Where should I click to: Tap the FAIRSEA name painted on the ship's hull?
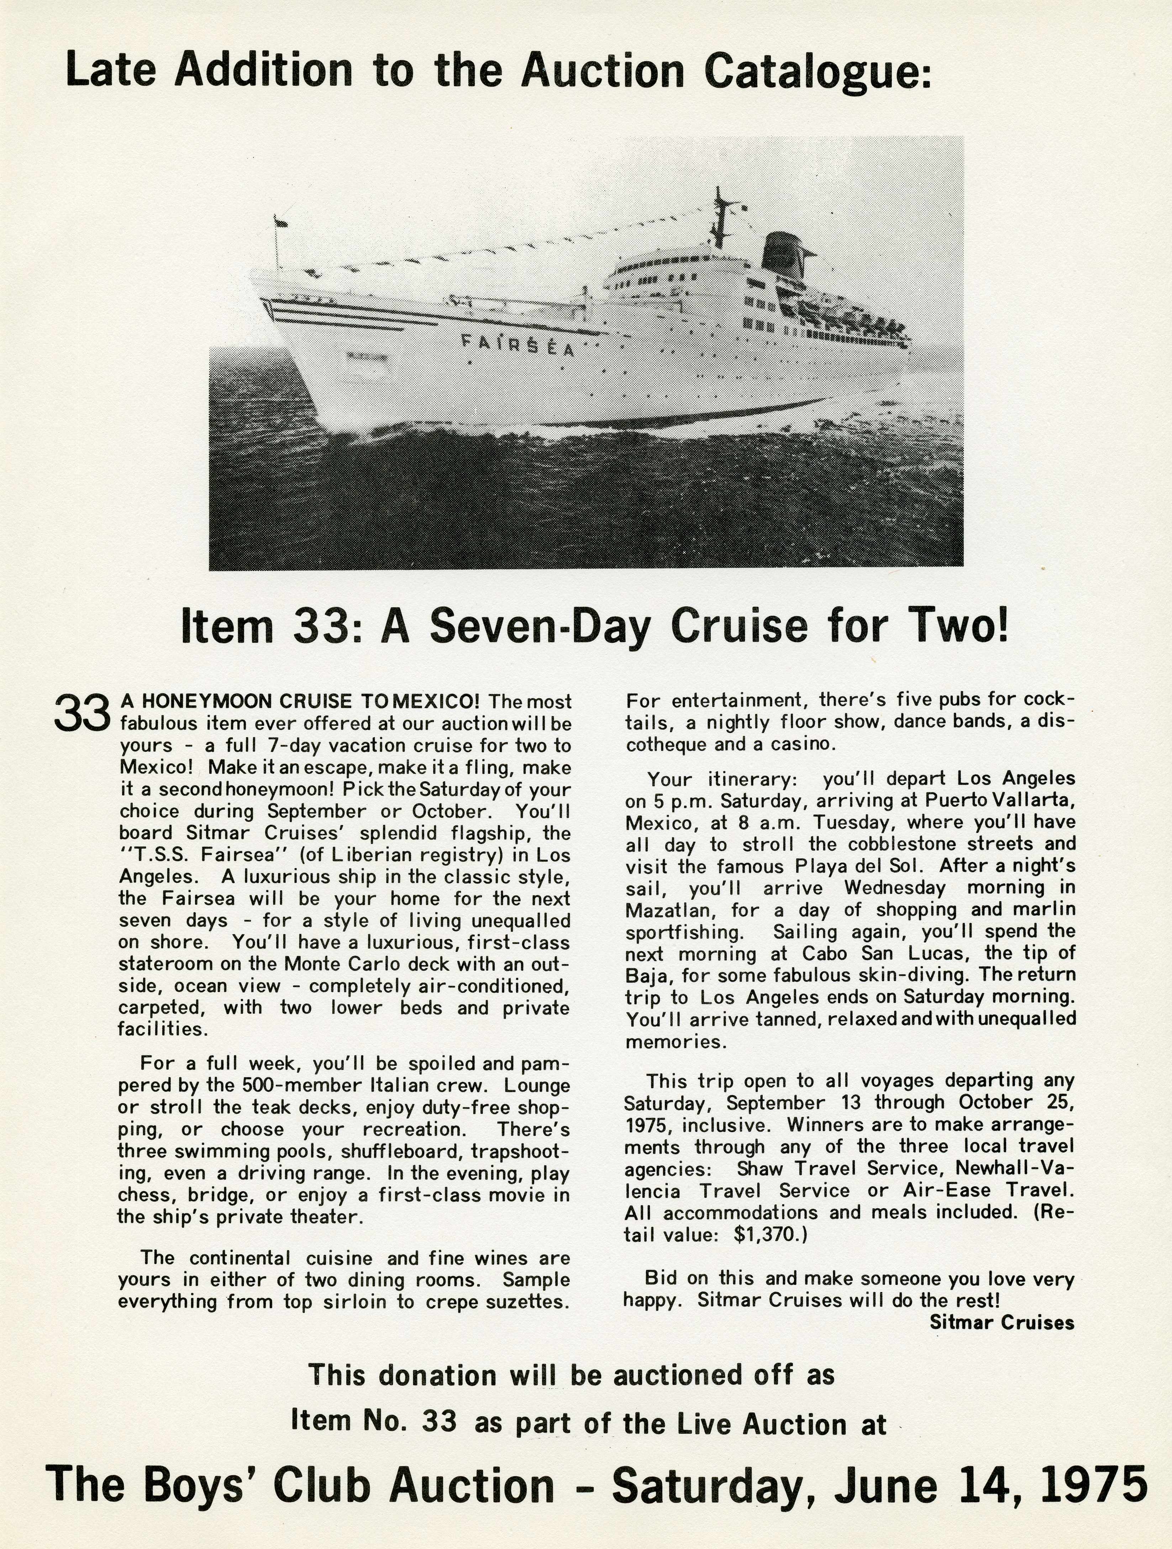[x=518, y=345]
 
